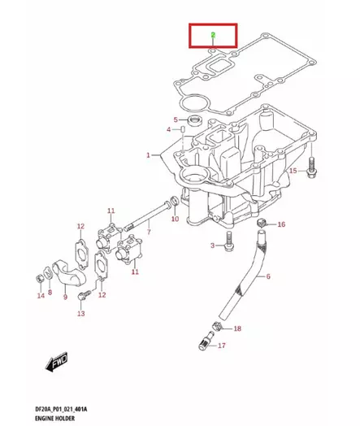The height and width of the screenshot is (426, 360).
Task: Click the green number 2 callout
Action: [212, 35]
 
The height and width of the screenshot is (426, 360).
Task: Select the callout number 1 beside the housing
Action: [149, 154]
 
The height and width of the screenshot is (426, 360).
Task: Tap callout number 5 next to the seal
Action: [174, 120]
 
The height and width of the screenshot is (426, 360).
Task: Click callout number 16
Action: [281, 224]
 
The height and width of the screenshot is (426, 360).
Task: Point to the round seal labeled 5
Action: [193, 122]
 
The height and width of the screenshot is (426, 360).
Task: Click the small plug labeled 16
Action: [261, 222]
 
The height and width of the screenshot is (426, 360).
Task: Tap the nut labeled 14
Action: [39, 280]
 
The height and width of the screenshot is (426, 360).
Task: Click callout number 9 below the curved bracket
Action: [66, 297]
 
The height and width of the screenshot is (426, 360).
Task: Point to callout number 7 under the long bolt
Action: [148, 233]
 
